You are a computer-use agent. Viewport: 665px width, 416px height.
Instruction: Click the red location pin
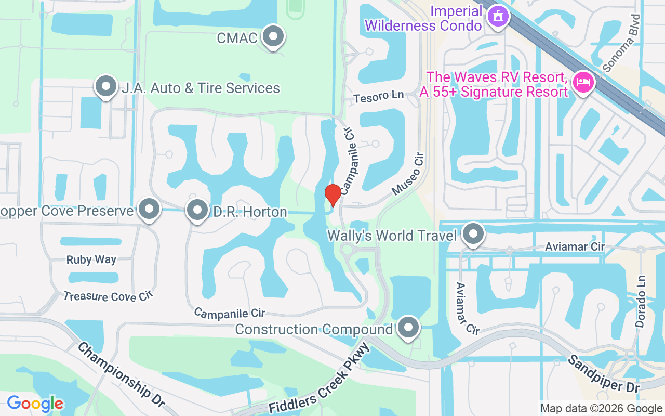(332, 194)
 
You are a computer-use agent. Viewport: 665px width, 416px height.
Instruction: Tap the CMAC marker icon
(273, 37)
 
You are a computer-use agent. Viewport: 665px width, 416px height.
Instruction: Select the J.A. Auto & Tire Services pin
(106, 87)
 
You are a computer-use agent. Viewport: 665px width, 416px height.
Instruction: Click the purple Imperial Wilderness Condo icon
(498, 16)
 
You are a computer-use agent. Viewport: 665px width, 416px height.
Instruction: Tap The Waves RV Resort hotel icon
(582, 82)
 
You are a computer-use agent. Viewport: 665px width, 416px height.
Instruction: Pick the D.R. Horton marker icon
(197, 211)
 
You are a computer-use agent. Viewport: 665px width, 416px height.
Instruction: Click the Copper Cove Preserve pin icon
(150, 209)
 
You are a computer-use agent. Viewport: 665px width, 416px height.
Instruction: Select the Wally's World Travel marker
(473, 234)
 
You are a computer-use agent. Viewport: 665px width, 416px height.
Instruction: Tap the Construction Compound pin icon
(408, 328)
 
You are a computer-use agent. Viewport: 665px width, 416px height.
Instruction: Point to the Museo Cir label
(408, 174)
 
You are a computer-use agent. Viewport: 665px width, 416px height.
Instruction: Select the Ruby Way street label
(91, 260)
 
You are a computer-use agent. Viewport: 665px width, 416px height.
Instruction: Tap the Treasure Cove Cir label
(108, 296)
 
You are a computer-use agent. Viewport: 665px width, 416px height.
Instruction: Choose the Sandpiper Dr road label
(603, 373)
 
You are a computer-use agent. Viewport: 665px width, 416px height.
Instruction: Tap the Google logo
(35, 404)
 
